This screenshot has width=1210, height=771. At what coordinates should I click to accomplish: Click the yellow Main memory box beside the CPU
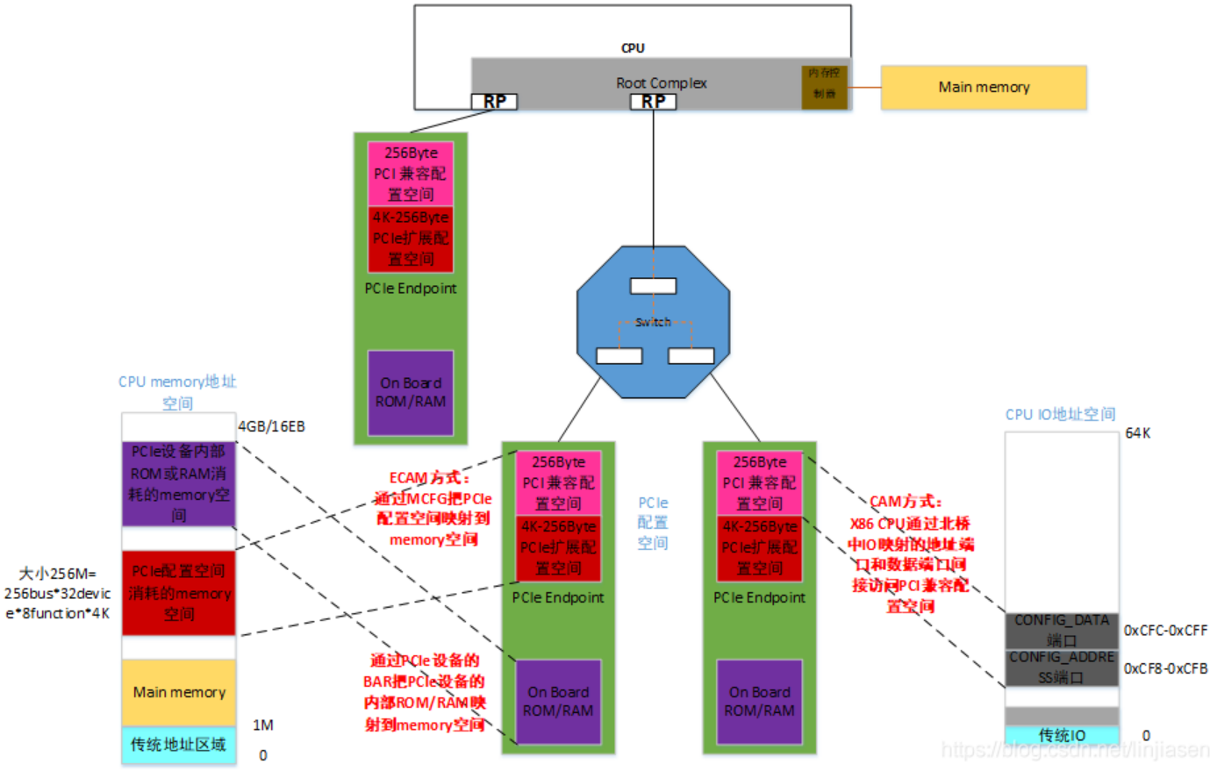(x=983, y=88)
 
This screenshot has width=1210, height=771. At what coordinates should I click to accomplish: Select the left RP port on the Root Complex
(x=494, y=102)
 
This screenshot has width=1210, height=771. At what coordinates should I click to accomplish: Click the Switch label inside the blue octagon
(x=653, y=322)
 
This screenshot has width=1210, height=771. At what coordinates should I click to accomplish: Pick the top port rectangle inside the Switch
(x=653, y=286)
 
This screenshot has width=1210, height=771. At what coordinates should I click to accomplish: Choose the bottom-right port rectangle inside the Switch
(x=691, y=355)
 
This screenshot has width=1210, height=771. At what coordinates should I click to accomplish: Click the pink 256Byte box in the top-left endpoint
(x=411, y=174)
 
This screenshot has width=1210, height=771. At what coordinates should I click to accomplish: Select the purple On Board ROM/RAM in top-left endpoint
(x=411, y=393)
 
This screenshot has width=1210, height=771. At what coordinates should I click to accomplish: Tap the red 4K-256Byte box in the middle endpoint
(x=558, y=548)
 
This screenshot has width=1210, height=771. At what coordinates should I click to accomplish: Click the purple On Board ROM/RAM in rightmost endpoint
(x=759, y=702)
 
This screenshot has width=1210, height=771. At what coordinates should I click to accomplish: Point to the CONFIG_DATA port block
(x=1062, y=630)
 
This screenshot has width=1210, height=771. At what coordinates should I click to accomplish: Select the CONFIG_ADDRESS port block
(x=1062, y=667)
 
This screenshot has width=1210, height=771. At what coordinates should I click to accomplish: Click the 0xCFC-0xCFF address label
(x=1165, y=631)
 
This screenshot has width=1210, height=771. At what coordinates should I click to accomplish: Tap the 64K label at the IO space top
(x=1138, y=433)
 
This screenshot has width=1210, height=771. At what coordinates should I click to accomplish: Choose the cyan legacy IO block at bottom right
(x=1062, y=735)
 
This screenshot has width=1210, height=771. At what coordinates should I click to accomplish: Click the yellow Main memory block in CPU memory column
(x=179, y=693)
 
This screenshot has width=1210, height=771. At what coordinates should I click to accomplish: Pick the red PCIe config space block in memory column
(x=179, y=593)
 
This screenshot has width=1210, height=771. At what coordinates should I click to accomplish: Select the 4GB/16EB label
(x=272, y=427)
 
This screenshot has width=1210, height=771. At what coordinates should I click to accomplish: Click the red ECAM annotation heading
(x=429, y=478)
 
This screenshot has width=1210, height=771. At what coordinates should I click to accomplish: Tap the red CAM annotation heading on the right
(x=906, y=502)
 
